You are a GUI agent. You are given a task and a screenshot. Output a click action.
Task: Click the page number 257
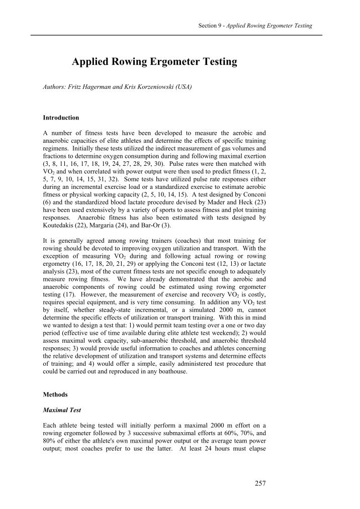[260, 483]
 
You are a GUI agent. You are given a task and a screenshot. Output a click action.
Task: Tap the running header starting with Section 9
[255, 26]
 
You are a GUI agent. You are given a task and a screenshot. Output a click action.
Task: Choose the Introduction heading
[61, 118]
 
